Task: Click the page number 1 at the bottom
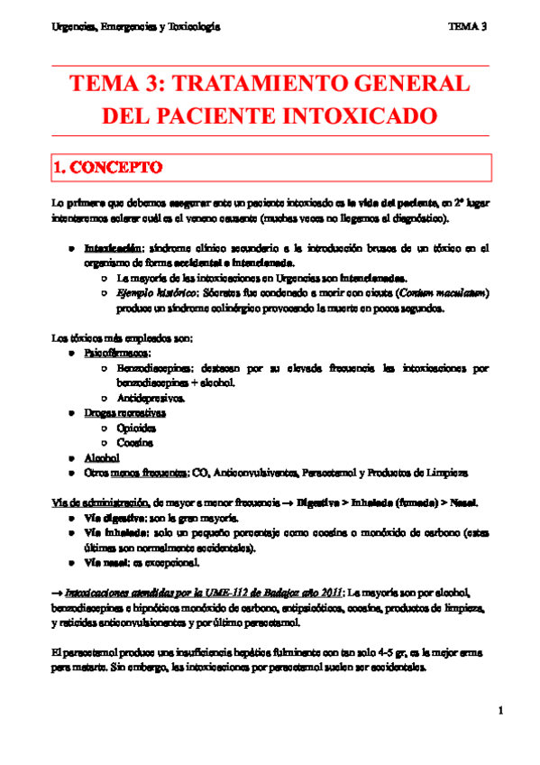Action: (x=499, y=713)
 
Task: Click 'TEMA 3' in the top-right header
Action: (x=467, y=27)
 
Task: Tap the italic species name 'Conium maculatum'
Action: (x=448, y=294)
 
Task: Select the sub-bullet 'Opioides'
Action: (x=136, y=428)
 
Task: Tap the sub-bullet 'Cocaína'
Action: (x=135, y=443)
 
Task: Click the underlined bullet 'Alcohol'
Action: (x=101, y=457)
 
